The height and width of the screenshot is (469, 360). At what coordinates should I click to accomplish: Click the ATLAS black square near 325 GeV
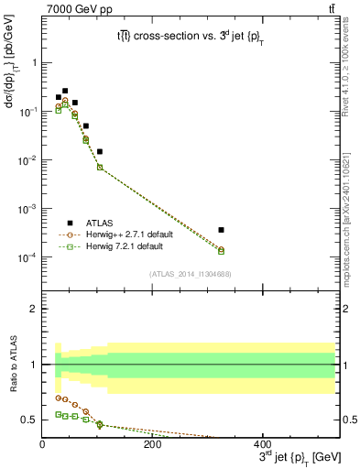click(x=298, y=230)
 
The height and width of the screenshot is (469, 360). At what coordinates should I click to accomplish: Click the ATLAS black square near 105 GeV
click(x=100, y=151)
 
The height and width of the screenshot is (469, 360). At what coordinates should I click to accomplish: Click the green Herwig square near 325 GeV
click(x=298, y=251)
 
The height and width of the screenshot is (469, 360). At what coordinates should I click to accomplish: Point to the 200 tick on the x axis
click(x=152, y=443)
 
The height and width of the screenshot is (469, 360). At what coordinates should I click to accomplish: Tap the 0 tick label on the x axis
click(x=42, y=443)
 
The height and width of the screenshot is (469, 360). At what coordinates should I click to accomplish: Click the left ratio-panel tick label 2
click(x=35, y=310)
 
